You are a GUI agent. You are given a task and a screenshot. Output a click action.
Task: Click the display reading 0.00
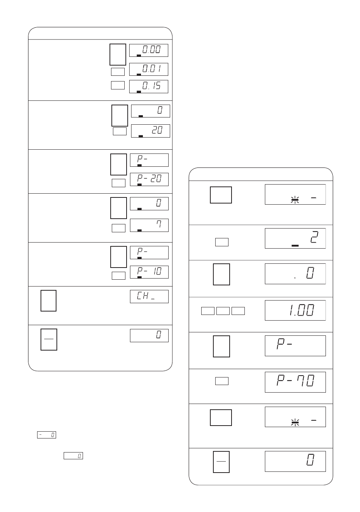tap(149, 50)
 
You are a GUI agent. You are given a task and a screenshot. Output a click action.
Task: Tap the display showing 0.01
tap(149, 69)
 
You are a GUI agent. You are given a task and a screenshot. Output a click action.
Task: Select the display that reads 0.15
tap(149, 86)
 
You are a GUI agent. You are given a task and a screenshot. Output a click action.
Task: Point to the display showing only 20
tap(150, 131)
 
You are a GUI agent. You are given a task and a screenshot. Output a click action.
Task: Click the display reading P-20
tap(149, 179)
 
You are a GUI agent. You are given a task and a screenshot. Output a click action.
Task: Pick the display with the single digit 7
tap(149, 225)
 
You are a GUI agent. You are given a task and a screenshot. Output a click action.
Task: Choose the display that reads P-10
tap(149, 272)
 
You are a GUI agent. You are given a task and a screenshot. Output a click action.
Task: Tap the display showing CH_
tap(149, 296)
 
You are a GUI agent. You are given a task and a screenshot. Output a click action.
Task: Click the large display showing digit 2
tap(295, 238)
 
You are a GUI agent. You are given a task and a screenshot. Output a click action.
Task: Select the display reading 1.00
tap(295, 310)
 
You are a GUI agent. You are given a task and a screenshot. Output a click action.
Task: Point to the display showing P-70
tap(295, 382)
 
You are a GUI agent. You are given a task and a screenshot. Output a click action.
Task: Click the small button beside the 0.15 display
tap(118, 85)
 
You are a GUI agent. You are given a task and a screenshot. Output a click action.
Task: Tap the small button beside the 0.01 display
tap(118, 72)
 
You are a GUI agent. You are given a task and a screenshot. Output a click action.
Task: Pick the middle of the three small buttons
tap(223, 311)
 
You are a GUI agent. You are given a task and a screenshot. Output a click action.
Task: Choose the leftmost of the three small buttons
tap(208, 311)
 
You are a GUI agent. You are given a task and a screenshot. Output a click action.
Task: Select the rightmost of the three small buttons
tap(238, 311)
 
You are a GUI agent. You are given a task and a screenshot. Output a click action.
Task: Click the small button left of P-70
tap(222, 381)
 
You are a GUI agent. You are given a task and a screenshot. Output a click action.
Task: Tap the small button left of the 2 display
tap(222, 242)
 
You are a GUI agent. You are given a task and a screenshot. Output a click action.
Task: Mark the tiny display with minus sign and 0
tap(47, 435)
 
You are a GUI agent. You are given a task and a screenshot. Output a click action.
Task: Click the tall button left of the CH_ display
tap(49, 301)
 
